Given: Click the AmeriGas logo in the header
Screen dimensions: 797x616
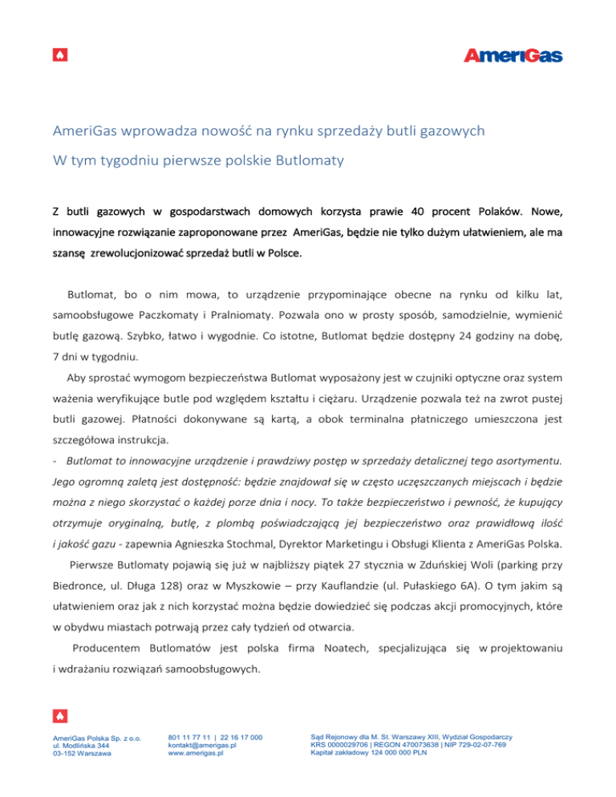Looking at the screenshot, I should click(x=513, y=55).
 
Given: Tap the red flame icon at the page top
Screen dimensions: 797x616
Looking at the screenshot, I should click(x=60, y=55).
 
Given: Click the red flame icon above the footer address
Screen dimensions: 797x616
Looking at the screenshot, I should click(x=60, y=714).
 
